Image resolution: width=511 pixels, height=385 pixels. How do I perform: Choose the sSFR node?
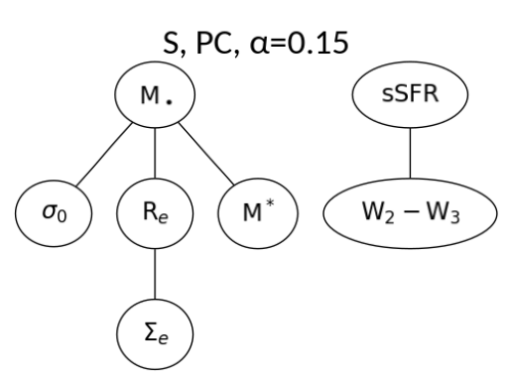click(410, 97)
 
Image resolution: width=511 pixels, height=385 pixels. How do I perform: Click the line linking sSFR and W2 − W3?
click(410, 156)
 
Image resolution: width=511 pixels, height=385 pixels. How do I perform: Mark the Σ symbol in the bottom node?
click(148, 329)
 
